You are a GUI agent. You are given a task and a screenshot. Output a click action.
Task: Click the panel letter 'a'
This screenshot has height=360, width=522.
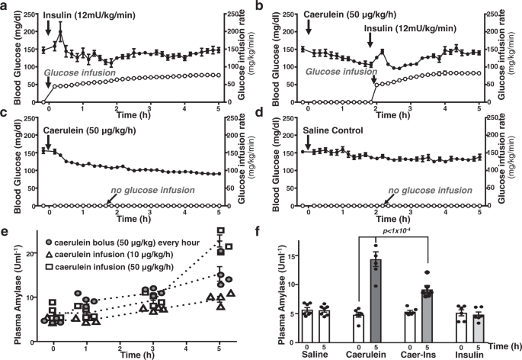[5, 6]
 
